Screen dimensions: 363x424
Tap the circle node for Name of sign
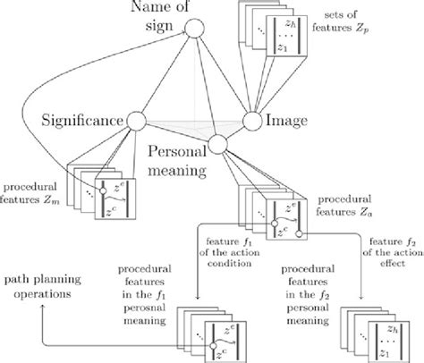191,32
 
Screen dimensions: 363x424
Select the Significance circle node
137,120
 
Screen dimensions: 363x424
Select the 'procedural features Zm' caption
33,191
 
